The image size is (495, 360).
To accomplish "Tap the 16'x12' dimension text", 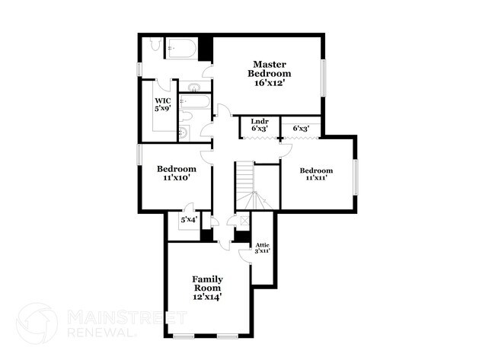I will tap(269, 83).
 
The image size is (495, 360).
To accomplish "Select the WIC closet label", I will tap(162, 100).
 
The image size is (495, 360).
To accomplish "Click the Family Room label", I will tap(206, 284).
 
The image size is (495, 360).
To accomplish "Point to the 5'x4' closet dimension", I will tap(188, 221).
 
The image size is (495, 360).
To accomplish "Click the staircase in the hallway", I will tap(245, 186).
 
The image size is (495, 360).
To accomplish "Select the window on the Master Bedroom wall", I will tap(324, 76).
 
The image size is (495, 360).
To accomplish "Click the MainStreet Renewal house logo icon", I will tap(37, 323).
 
